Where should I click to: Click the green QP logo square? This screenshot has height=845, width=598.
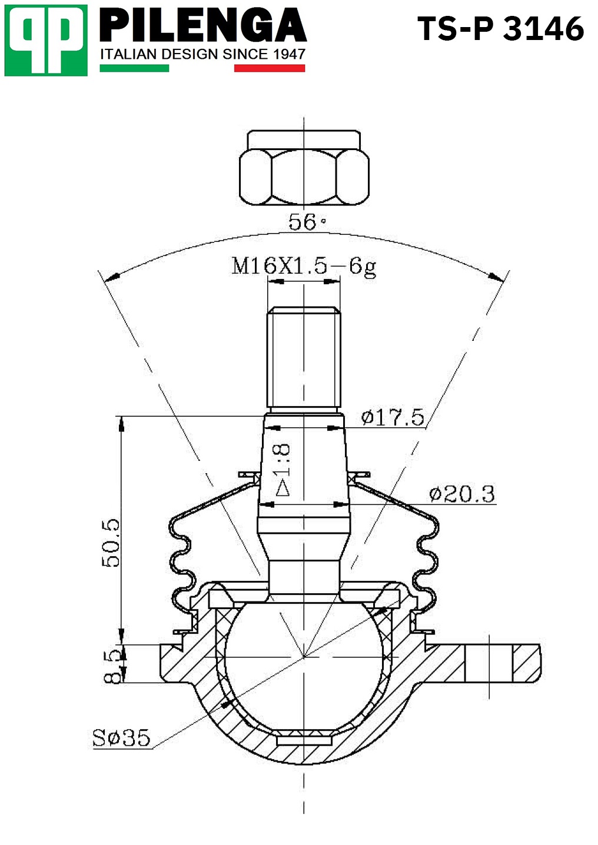click(x=46, y=41)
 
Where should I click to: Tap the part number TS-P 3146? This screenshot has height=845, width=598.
click(x=501, y=29)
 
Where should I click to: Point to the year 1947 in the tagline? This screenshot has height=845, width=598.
click(x=288, y=55)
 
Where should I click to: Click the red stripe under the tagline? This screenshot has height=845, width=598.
click(x=270, y=68)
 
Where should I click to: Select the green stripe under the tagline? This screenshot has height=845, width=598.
click(x=134, y=68)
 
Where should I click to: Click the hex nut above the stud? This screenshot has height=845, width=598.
click(x=304, y=168)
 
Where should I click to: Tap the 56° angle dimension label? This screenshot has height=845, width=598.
click(x=306, y=222)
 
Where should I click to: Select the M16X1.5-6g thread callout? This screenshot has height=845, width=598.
click(x=304, y=267)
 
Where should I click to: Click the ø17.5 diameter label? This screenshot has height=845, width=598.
click(x=393, y=417)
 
